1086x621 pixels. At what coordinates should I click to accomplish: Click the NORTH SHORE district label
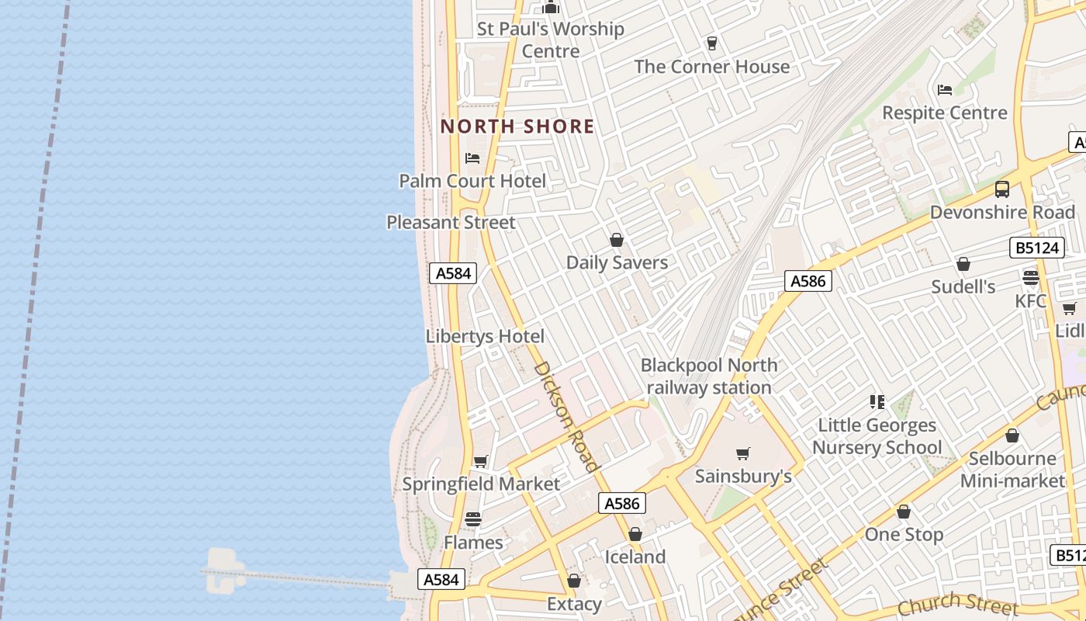pyautogui.click(x=517, y=127)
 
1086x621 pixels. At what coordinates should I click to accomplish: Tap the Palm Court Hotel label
pyautogui.click(x=472, y=181)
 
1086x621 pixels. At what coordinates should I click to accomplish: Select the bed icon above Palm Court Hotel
pyautogui.click(x=472, y=158)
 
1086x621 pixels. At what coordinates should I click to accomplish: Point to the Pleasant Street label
pyautogui.click(x=451, y=223)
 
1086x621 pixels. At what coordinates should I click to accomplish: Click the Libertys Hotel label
pyautogui.click(x=485, y=337)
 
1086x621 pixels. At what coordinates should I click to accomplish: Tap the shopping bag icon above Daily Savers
pyautogui.click(x=617, y=240)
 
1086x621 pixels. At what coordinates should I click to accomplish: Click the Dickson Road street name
pyautogui.click(x=567, y=417)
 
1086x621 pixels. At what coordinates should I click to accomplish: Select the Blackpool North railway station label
pyautogui.click(x=709, y=376)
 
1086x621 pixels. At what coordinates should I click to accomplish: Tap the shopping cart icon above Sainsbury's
pyautogui.click(x=743, y=453)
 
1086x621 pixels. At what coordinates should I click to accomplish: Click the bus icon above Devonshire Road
pyautogui.click(x=1002, y=189)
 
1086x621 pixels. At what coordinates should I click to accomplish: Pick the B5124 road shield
pyautogui.click(x=1036, y=248)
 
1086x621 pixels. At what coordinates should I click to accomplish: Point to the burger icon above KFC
pyautogui.click(x=1031, y=278)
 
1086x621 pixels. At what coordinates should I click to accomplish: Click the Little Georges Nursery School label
pyautogui.click(x=877, y=436)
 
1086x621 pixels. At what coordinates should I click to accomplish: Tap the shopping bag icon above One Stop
pyautogui.click(x=904, y=512)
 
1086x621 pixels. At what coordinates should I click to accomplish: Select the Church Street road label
pyautogui.click(x=957, y=602)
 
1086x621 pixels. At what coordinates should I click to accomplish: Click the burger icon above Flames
pyautogui.click(x=473, y=519)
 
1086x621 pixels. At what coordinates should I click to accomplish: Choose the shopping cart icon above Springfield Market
pyautogui.click(x=481, y=462)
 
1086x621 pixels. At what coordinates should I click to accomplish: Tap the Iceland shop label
pyautogui.click(x=635, y=557)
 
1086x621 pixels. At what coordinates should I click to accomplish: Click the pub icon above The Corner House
pyautogui.click(x=712, y=43)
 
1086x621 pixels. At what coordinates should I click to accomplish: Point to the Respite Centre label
pyautogui.click(x=945, y=113)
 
